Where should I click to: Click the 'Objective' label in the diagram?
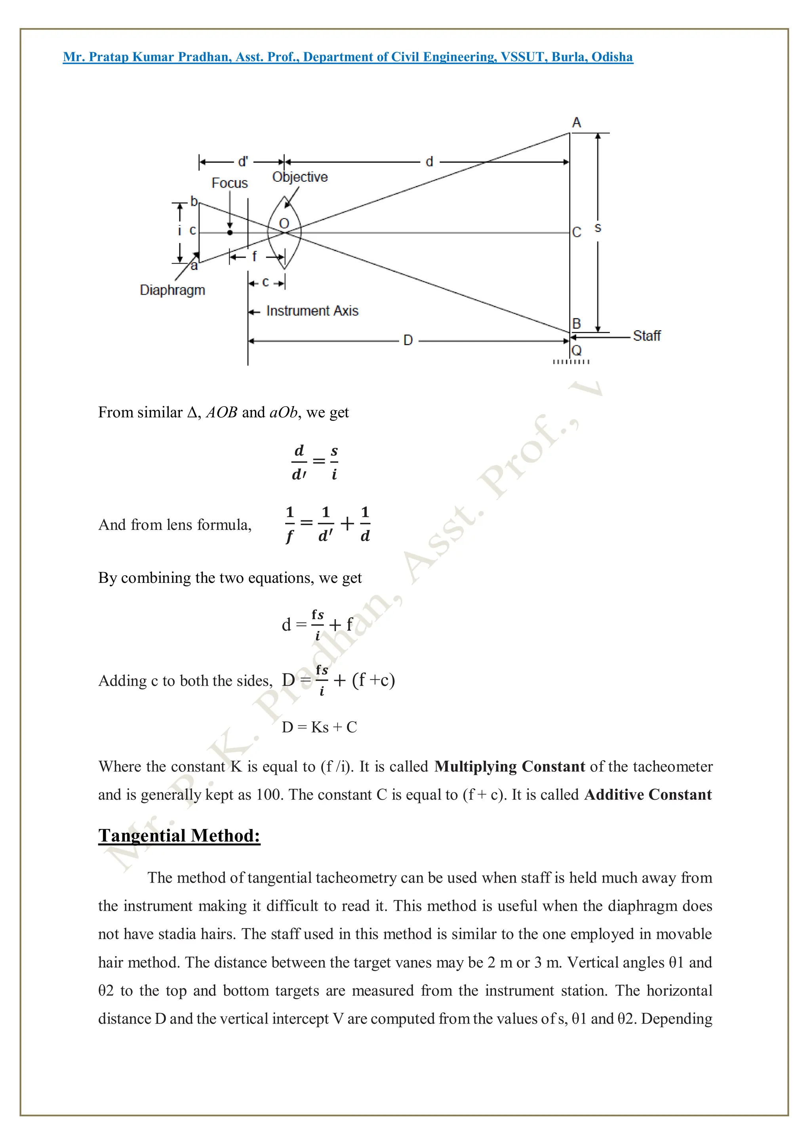click(x=300, y=177)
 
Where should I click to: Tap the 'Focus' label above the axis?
click(x=229, y=183)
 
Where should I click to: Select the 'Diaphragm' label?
click(x=172, y=290)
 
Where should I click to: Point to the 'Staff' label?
click(x=647, y=336)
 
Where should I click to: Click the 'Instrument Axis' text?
click(x=312, y=311)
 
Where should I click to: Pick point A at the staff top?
click(x=576, y=123)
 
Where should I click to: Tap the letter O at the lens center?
click(x=284, y=223)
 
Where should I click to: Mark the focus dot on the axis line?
click(x=230, y=232)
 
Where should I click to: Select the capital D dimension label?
click(x=408, y=341)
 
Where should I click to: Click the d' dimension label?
click(x=243, y=162)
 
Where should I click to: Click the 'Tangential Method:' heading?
click(x=179, y=835)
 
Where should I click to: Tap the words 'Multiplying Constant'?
click(x=509, y=767)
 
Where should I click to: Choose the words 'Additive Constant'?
click(x=647, y=794)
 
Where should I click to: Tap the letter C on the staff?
click(x=577, y=232)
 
